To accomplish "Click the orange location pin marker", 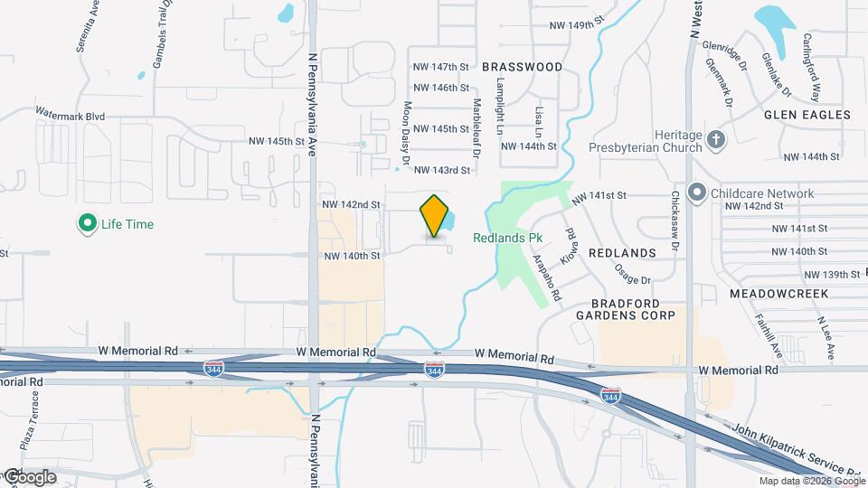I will [435, 216].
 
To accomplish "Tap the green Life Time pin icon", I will [88, 224].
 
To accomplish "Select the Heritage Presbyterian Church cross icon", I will [716, 139].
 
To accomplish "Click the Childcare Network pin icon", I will [696, 193].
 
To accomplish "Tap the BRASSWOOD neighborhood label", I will [522, 67].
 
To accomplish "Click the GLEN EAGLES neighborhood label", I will [807, 115].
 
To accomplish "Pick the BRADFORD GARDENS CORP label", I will [632, 309].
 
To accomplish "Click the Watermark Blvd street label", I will [71, 116].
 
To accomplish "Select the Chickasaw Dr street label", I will [675, 221].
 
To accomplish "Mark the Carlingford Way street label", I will [811, 68].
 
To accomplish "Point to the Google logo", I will [29, 477].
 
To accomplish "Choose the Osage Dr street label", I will [633, 267].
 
